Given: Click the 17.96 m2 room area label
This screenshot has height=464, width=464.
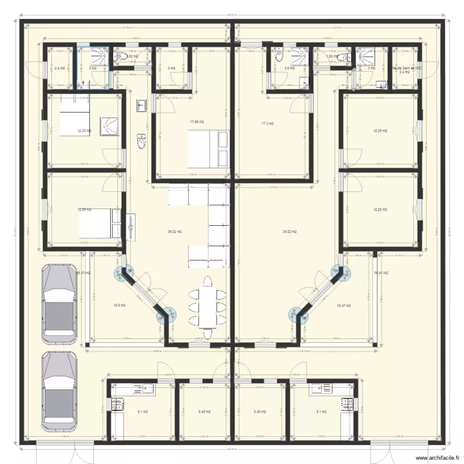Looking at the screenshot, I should pos(197,122).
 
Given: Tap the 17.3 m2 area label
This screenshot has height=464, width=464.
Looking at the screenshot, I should pos(267,124).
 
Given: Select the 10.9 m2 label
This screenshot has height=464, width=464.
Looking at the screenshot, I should pos(119,305).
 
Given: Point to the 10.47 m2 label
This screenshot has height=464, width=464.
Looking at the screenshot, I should pos(343,306).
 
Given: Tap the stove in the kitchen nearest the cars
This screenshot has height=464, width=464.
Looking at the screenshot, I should pos(116,405).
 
